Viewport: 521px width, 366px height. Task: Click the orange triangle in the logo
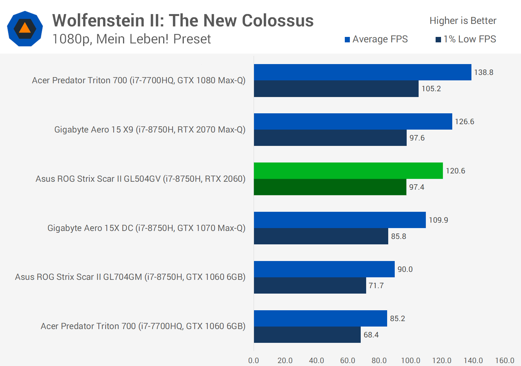click(25, 28)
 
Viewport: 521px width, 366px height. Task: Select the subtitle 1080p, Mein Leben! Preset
click(131, 39)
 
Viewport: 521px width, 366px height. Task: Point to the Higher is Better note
click(463, 21)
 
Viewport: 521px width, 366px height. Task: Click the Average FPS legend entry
click(376, 39)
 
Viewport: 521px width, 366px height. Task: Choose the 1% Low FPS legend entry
click(466, 39)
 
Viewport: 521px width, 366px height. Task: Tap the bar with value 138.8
click(363, 72)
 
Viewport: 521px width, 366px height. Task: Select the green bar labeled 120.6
click(348, 171)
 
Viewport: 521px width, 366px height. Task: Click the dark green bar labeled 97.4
click(330, 187)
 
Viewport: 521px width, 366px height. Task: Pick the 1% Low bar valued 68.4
click(307, 335)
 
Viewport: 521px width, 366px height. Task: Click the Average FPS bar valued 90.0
click(324, 269)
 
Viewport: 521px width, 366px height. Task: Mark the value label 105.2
click(431, 89)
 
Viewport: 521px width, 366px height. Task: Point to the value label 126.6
click(465, 122)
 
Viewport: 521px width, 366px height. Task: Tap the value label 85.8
click(398, 236)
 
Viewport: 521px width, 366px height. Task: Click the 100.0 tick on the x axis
click(410, 361)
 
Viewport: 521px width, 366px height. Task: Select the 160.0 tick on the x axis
click(504, 361)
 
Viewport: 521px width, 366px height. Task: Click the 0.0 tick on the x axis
click(254, 361)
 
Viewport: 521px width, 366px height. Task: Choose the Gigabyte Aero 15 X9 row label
click(150, 130)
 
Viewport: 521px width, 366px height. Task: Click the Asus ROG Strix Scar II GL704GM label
click(130, 277)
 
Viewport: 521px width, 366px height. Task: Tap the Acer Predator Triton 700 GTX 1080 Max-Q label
click(139, 80)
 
